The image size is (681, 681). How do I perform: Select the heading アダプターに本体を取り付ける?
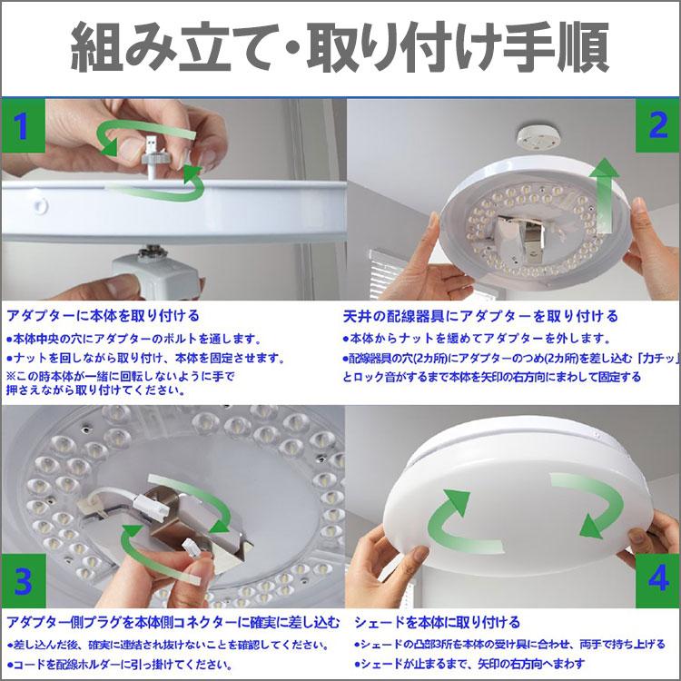[103, 316]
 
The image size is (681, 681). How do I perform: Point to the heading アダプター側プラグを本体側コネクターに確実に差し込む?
[173, 622]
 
